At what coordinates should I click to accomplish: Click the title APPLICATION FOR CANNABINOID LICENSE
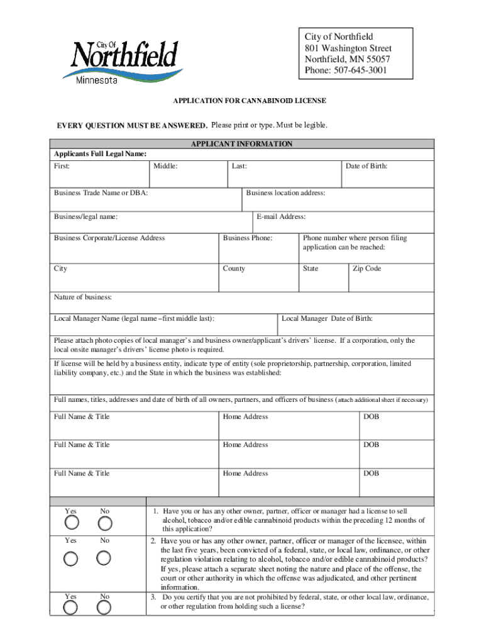click(250, 101)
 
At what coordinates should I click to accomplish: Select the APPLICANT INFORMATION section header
click(241, 144)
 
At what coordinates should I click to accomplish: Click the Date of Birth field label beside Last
click(366, 166)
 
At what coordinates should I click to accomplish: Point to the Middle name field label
click(165, 166)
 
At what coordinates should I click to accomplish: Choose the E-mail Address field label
click(281, 217)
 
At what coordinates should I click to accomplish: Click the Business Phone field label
click(248, 238)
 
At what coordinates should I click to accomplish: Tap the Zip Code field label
click(366, 269)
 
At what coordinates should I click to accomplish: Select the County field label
click(234, 269)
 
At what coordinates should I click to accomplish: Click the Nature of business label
click(83, 297)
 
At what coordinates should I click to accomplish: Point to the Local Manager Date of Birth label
click(331, 319)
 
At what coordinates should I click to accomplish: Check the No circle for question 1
click(105, 523)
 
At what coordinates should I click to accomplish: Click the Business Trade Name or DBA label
click(101, 193)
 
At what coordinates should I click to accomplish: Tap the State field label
click(311, 269)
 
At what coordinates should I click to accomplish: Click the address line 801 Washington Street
click(348, 48)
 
